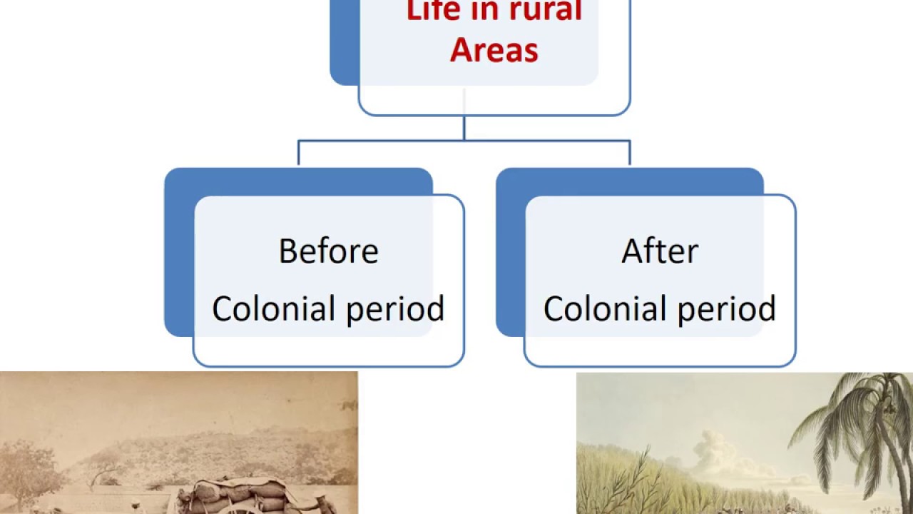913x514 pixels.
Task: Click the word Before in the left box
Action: click(x=328, y=251)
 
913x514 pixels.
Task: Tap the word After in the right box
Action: click(x=660, y=251)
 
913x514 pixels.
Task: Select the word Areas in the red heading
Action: click(x=494, y=50)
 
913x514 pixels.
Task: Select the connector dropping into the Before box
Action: click(x=298, y=153)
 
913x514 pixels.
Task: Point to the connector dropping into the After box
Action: click(x=630, y=153)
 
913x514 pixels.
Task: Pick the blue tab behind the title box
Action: click(x=344, y=43)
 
